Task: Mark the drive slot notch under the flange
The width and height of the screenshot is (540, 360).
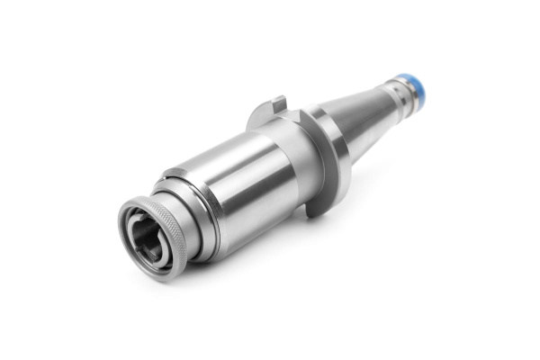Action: (315, 208)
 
